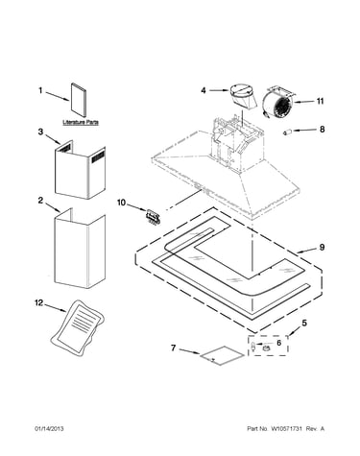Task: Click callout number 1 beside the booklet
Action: pyautogui.click(x=40, y=90)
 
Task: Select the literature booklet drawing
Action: pyautogui.click(x=79, y=100)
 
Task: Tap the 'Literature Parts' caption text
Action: pyautogui.click(x=81, y=122)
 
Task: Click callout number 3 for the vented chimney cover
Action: pyautogui.click(x=40, y=132)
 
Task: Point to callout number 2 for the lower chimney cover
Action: pyautogui.click(x=40, y=201)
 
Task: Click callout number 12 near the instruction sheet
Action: pyautogui.click(x=38, y=302)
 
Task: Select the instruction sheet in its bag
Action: pyautogui.click(x=79, y=327)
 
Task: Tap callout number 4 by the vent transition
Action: pyautogui.click(x=204, y=90)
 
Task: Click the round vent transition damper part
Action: pyautogui.click(x=243, y=97)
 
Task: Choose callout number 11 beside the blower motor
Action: pyautogui.click(x=320, y=101)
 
